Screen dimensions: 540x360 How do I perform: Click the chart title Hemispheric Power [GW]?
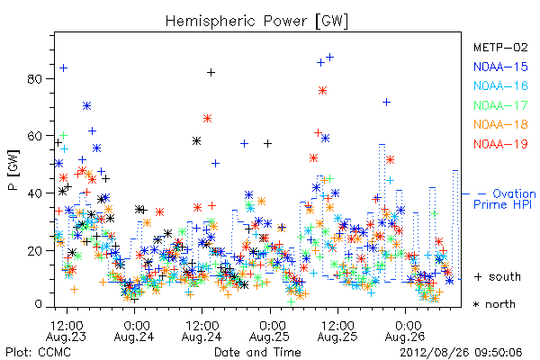click(x=256, y=22)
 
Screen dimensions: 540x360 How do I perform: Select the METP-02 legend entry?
click(x=500, y=47)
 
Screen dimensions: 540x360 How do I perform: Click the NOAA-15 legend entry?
click(x=500, y=67)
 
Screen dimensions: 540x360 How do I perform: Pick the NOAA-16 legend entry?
click(x=500, y=85)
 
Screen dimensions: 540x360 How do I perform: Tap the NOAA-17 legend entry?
click(x=500, y=105)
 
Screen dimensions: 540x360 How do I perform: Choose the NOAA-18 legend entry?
click(x=500, y=124)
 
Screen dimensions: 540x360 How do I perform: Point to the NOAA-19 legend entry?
click(x=500, y=144)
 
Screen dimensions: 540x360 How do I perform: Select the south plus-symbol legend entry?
click(x=498, y=276)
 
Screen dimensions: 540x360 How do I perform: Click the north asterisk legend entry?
click(x=494, y=304)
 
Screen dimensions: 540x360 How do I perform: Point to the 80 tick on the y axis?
click(x=34, y=79)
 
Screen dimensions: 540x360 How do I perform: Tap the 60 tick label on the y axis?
click(x=34, y=136)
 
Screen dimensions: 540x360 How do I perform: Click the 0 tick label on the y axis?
click(x=38, y=304)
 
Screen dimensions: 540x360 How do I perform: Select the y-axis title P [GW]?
click(x=13, y=170)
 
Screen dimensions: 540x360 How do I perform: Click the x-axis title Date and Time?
click(x=257, y=352)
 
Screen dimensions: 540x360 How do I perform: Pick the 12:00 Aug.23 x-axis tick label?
click(x=67, y=331)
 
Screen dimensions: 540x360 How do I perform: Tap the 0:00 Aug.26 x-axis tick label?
click(x=405, y=331)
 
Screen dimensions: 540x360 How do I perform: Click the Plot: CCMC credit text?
click(x=38, y=352)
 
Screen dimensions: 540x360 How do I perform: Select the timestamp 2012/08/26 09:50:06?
click(x=461, y=352)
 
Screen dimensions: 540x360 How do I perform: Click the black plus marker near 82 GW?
click(x=211, y=72)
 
